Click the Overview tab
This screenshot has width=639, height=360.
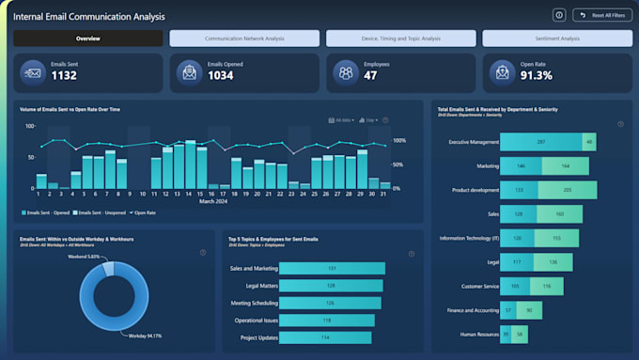coord(88,39)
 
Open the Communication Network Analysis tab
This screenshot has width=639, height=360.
coord(244,39)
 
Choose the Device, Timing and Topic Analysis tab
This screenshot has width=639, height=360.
coord(401,39)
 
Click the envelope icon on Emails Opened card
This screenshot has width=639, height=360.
coord(189,72)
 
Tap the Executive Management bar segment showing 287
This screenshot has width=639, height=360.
coord(540,142)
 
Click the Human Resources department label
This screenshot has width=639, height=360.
coord(473,334)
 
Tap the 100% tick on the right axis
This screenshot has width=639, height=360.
coord(398,140)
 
